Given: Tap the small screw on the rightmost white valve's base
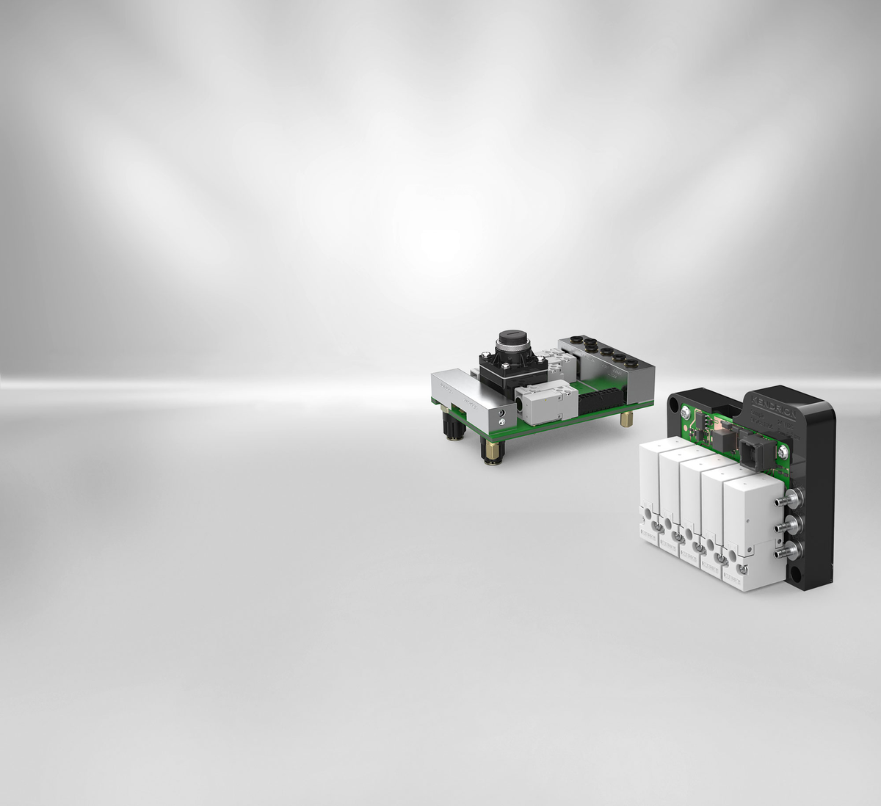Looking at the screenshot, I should point(744,570).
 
